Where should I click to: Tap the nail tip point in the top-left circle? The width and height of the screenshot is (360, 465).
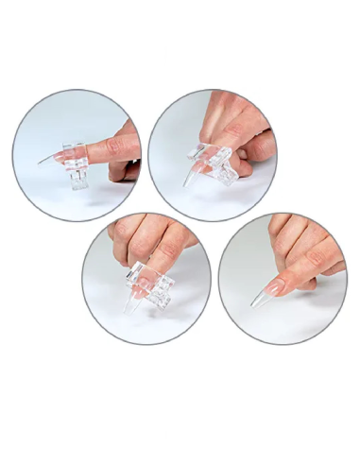coord(40,163)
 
